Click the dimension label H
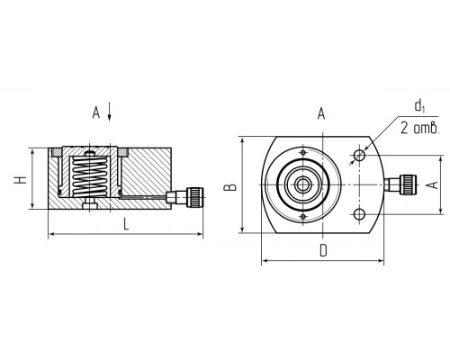(21, 180)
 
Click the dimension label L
(126, 224)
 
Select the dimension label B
(231, 187)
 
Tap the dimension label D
(323, 250)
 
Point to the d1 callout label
(419, 106)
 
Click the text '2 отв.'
(420, 128)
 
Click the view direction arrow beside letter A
(110, 112)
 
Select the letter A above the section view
(96, 112)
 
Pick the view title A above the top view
(321, 114)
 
